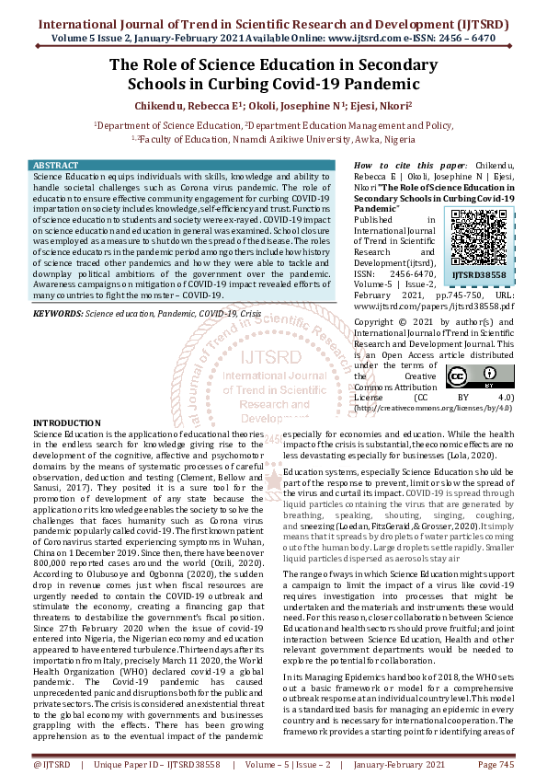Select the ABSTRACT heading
pos(56,165)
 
